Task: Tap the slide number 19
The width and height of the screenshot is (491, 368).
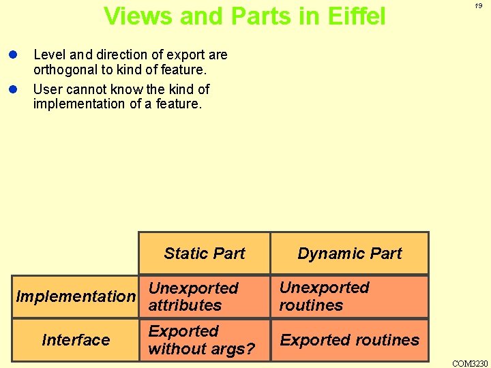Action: pos(478,5)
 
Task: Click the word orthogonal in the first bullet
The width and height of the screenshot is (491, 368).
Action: pos(63,70)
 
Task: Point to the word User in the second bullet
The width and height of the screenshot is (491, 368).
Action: pos(46,89)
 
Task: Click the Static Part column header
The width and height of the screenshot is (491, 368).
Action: pos(205,254)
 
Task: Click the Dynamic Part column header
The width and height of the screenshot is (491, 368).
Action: pos(350,254)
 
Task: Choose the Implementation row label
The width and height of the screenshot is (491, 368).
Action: pos(76,296)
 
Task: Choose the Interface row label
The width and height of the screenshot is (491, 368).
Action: pos(76,339)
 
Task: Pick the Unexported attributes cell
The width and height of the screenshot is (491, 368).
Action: pos(194,296)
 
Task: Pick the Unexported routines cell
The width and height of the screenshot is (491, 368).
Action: pos(325,296)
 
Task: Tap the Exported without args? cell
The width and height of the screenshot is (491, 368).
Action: pos(201,340)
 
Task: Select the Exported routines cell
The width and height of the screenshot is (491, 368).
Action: pos(350,339)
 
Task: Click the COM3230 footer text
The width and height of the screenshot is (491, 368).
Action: pos(471,363)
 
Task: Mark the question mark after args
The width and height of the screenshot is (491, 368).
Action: pos(251,349)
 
